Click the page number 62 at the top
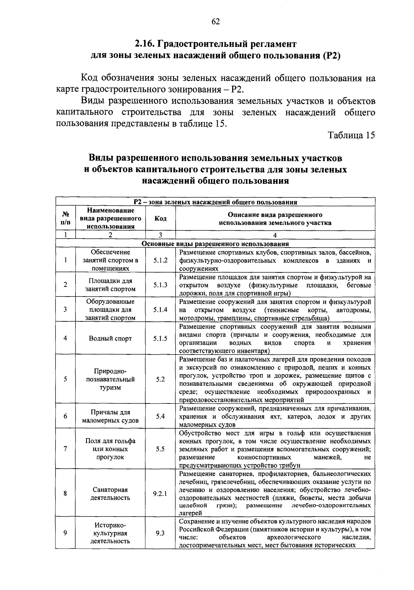(216, 22)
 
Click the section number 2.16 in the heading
(145, 44)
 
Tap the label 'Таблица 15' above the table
(351, 135)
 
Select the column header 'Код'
(160, 218)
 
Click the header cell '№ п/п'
(65, 218)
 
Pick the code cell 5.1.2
(160, 260)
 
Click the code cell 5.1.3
(160, 285)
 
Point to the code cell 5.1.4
(160, 309)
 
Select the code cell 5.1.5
(160, 338)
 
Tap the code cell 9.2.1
(160, 493)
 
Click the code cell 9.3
(160, 533)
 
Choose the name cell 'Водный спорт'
(110, 338)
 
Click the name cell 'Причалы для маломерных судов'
(110, 416)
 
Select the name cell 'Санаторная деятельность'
(110, 493)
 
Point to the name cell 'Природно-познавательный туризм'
(110, 379)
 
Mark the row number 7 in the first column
(65, 449)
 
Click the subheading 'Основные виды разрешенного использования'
(215, 244)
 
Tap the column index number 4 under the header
(275, 235)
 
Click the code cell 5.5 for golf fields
(160, 449)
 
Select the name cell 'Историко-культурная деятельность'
(110, 533)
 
